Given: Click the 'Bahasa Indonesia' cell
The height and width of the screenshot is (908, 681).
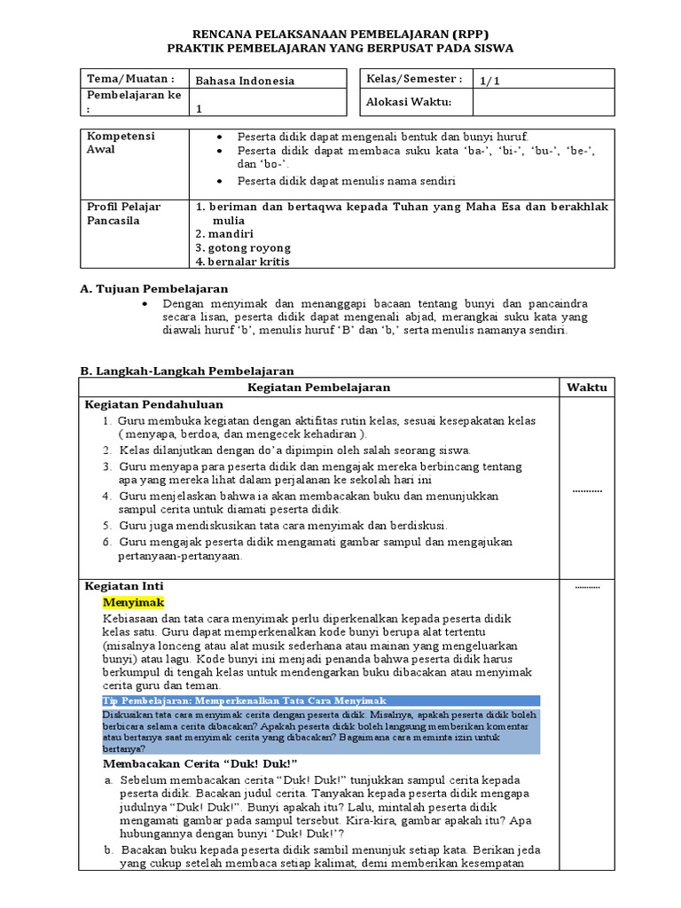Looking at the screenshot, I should [x=245, y=81].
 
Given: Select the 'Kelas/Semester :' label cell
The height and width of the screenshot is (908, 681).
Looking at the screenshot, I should [x=414, y=79].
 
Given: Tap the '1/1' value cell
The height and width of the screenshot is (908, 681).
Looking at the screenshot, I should [x=489, y=81].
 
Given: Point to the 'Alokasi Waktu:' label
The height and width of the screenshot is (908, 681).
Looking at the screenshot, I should [x=409, y=103].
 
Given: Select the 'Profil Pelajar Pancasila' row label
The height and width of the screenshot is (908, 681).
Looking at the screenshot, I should [x=123, y=214].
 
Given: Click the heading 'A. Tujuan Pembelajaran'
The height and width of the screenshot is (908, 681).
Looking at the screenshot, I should [x=153, y=288].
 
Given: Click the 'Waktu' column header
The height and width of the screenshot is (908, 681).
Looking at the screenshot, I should [x=587, y=387].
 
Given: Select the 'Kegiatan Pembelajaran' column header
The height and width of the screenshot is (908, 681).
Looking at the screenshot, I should [x=319, y=387].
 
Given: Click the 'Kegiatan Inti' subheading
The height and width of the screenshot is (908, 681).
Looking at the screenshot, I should [x=123, y=586].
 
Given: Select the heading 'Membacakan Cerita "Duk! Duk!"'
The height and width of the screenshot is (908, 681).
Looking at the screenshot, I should [x=200, y=763].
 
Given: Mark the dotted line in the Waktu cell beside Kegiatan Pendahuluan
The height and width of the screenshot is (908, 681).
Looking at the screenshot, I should [x=586, y=490].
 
